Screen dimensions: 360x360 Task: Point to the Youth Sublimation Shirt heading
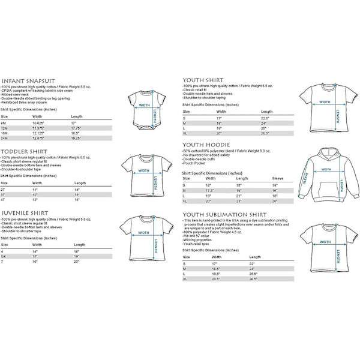click(x=224, y=214)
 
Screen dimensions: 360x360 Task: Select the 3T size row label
click(x=4, y=194)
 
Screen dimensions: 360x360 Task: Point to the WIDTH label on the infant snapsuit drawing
click(x=145, y=103)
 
